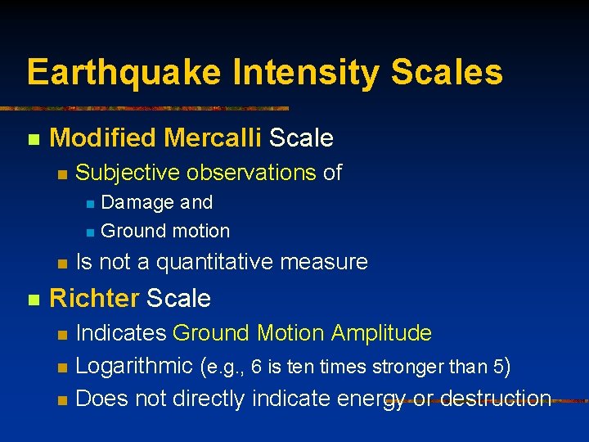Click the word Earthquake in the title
pos(124,72)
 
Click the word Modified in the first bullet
pos(103,138)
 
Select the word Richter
pos(94,299)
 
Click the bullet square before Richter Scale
pos(33,300)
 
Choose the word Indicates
pos(121,333)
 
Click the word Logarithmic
pos(135,366)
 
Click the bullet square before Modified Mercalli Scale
pos(33,139)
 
